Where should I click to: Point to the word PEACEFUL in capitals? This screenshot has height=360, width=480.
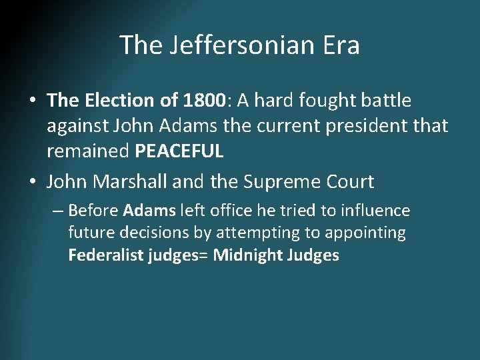[179, 151]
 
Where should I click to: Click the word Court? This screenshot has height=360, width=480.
[349, 181]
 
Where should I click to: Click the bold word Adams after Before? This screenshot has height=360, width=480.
[150, 211]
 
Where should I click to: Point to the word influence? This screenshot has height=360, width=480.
[376, 211]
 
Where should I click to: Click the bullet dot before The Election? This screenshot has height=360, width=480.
[33, 101]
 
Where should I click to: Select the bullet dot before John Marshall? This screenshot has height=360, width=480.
[33, 182]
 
